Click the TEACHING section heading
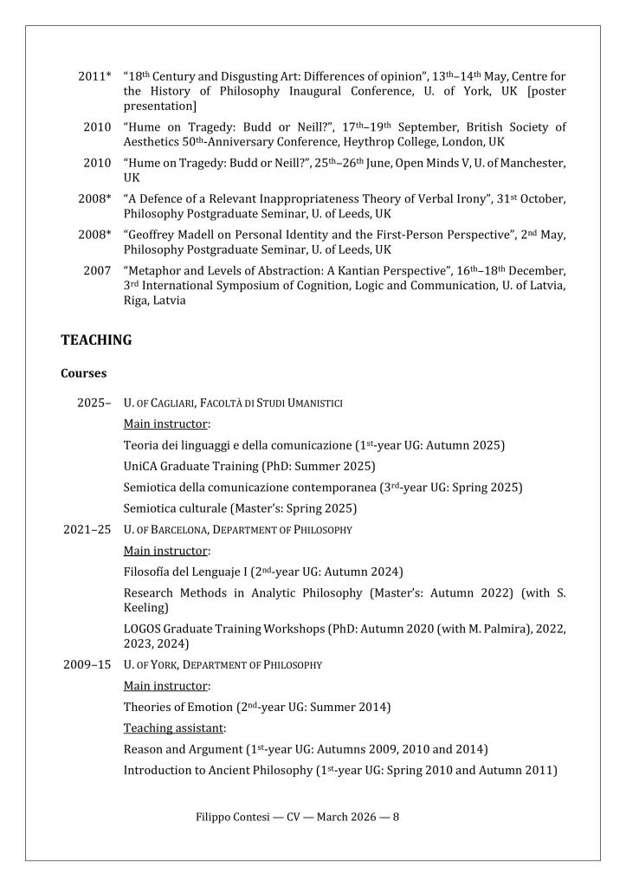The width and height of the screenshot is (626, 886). (96, 340)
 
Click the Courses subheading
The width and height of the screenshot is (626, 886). (84, 373)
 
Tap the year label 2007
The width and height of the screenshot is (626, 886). (97, 270)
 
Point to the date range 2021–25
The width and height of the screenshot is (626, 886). (87, 529)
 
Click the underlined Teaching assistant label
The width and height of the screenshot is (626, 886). (173, 728)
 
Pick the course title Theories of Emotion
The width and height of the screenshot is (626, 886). (177, 707)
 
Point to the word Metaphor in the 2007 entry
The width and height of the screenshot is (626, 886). (157, 270)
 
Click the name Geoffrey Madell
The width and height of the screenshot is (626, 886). (179, 234)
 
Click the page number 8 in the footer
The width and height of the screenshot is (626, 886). (396, 817)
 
